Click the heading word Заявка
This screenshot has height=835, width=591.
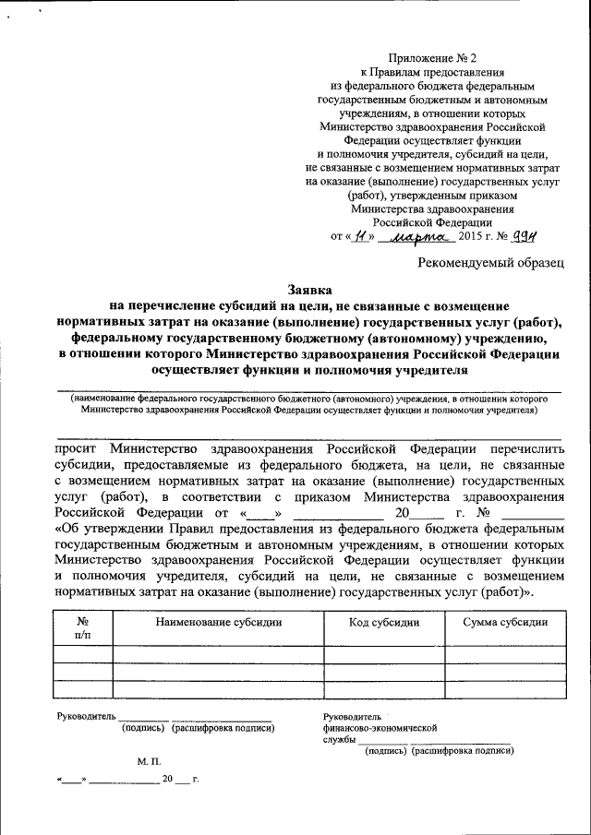point(309,290)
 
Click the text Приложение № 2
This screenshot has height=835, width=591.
point(431,57)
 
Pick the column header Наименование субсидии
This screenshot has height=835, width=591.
point(219,622)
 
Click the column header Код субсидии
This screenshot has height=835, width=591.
point(384,622)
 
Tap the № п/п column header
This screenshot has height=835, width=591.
point(82,627)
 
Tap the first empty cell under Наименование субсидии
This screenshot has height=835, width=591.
point(219,655)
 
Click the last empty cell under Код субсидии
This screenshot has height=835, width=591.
point(384,688)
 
